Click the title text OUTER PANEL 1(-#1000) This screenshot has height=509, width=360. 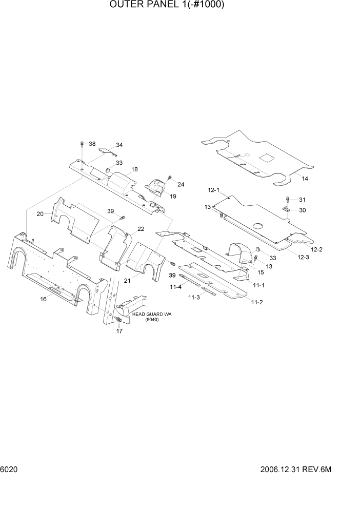coord(167,6)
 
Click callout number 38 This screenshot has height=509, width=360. coord(92,144)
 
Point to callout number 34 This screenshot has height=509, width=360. coord(119,145)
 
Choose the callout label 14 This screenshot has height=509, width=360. coord(305,179)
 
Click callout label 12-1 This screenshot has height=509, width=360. coord(214,190)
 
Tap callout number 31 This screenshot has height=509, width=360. coord(302,200)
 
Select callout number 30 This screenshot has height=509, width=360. coord(302,210)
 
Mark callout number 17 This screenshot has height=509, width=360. coord(119,331)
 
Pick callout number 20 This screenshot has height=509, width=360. coord(40,214)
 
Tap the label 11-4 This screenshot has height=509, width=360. coord(176,287)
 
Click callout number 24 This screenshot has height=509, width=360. coord(181,185)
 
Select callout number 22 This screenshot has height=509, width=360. coord(141,229)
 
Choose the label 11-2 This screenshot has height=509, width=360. coord(257,302)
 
